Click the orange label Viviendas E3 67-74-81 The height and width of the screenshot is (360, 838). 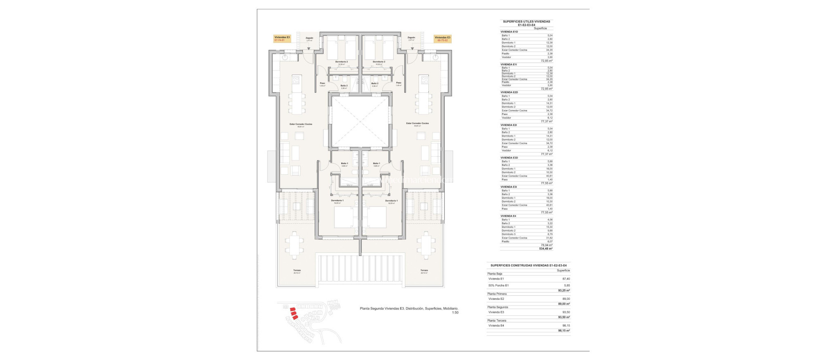click(x=282, y=39)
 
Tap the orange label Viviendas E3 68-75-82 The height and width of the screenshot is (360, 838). click(x=442, y=39)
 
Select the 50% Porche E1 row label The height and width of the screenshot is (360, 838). click(x=498, y=286)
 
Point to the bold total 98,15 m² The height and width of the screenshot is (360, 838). click(x=564, y=331)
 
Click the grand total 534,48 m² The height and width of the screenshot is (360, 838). click(x=546, y=248)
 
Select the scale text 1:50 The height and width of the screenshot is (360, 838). click(x=455, y=313)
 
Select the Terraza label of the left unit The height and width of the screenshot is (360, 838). click(x=297, y=270)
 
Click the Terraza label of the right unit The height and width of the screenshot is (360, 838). click(x=424, y=270)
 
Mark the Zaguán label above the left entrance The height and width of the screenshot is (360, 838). click(x=309, y=38)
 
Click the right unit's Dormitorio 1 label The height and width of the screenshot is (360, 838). click(x=391, y=200)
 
